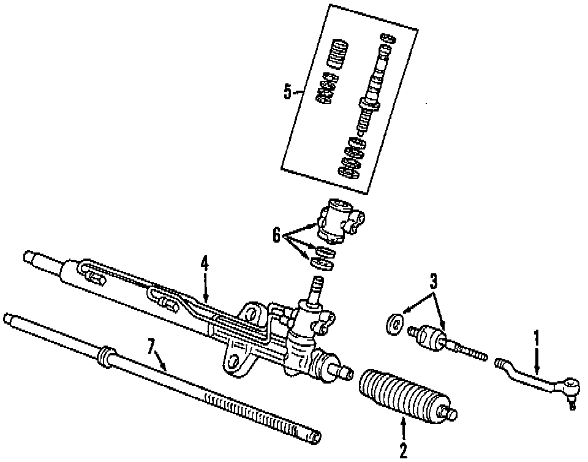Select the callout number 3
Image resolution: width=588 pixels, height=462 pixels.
(x=434, y=282)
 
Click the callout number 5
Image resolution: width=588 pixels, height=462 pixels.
(x=288, y=92)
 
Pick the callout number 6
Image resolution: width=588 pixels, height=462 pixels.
(x=277, y=233)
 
